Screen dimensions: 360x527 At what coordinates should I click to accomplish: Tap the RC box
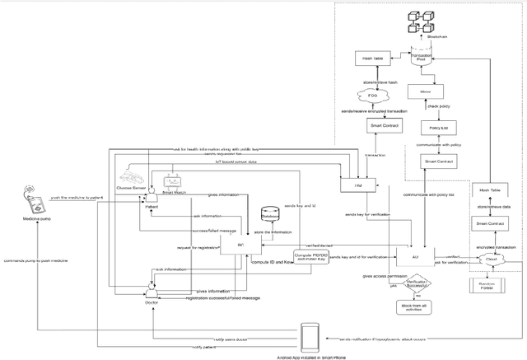pyautogui.click(x=240, y=246)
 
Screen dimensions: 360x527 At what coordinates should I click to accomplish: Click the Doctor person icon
pyautogui.click(x=152, y=290)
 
